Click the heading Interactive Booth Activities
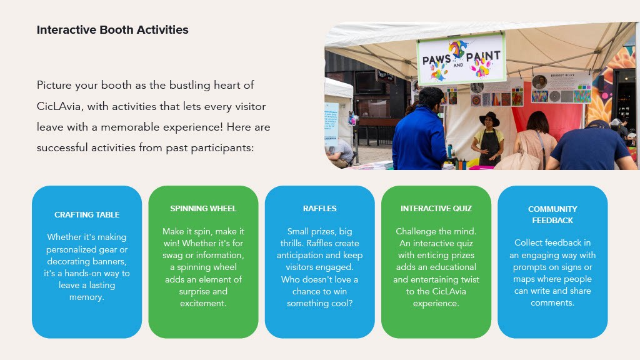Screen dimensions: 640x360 [112, 30]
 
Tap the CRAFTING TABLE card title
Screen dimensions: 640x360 [87, 215]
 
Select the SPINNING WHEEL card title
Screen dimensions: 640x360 [203, 209]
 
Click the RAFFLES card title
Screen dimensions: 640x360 [319, 209]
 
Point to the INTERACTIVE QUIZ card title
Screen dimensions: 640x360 [436, 209]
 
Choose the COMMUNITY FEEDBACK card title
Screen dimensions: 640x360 [552, 215]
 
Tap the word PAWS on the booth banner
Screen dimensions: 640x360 [437, 60]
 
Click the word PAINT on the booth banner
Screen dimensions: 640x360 [483, 56]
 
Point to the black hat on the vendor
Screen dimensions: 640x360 [490, 118]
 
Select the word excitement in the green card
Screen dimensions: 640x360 [203, 303]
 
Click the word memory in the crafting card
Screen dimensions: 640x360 [86, 297]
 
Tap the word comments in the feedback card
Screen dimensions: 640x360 [552, 303]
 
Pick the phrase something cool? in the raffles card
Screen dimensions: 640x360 [319, 303]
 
